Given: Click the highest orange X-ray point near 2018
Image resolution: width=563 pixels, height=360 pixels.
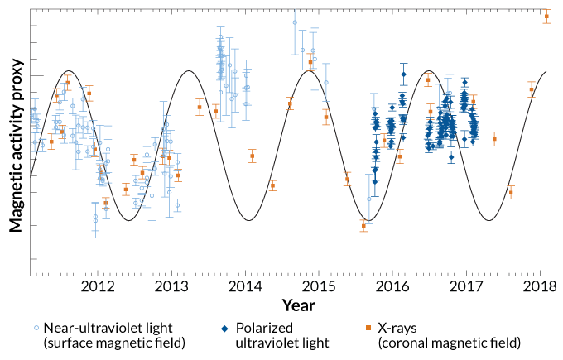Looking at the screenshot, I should pyautogui.click(x=546, y=16).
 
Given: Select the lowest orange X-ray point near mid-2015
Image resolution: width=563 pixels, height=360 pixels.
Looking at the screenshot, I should pyautogui.click(x=363, y=225).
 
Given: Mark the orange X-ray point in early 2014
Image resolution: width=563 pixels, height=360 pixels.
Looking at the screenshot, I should pyautogui.click(x=253, y=156).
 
